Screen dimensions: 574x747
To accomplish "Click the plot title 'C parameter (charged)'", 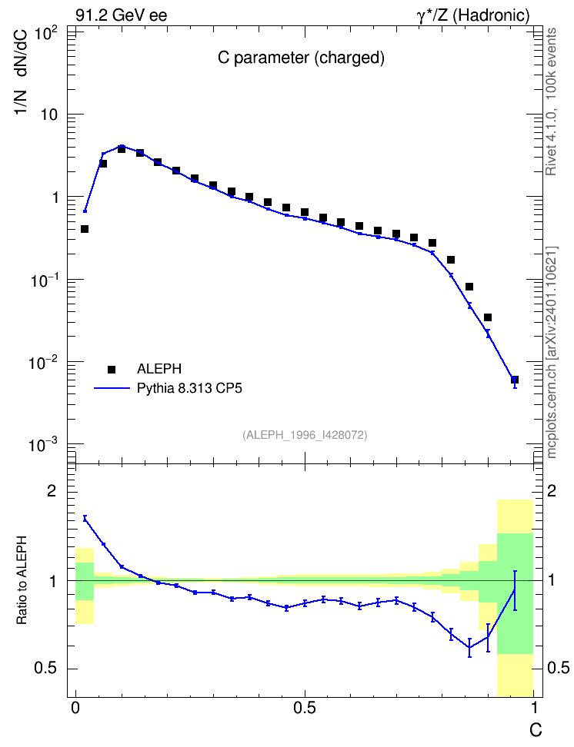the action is tap(301, 58).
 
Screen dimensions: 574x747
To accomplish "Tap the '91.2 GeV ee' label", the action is tap(122, 15).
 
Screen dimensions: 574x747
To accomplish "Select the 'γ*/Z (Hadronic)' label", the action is tap(473, 15).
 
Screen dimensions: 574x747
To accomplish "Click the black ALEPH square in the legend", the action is tap(112, 369).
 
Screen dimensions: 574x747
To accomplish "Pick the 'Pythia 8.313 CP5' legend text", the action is tap(189, 388).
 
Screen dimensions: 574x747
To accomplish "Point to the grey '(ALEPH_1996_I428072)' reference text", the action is tap(305, 435).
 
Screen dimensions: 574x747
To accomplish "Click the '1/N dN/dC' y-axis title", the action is tap(22, 71).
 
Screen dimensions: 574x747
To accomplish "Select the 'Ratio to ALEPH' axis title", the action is tap(22, 580).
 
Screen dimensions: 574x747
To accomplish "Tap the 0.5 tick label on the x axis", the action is tap(305, 708).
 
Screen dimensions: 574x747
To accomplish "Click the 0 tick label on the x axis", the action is tap(75, 708).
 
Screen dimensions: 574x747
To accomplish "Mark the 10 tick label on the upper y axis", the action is tap(48, 115).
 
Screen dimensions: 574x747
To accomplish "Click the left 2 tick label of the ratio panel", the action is tap(52, 491).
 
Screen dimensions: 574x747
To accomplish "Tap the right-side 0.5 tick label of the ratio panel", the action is tap(558, 669).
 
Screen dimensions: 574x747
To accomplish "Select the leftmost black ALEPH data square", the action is tap(85, 229).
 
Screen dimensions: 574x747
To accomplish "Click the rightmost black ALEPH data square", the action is tap(514, 380).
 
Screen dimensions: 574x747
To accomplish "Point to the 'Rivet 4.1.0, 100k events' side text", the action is tap(552, 101).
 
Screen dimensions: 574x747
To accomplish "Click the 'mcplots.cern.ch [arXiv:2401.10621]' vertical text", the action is tap(552, 353).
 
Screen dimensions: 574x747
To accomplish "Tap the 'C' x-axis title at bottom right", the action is tap(536, 730).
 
